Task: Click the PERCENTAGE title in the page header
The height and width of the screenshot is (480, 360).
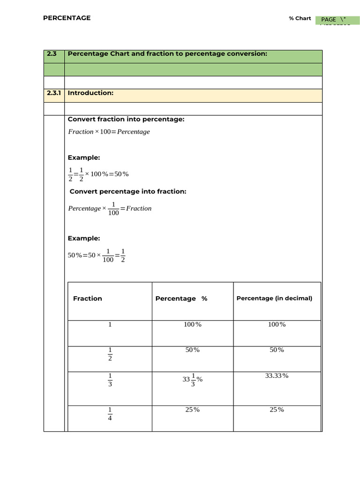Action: coord(67,18)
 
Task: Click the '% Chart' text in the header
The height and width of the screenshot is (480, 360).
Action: coord(300,19)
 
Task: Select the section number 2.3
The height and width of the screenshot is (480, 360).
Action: coord(52,54)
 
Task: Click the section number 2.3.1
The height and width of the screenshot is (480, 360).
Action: coord(54,93)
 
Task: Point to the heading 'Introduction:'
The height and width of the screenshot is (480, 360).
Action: coord(90,93)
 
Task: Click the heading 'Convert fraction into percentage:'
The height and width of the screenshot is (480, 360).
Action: coord(126,120)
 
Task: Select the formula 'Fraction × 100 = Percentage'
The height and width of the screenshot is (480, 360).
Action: coord(109,132)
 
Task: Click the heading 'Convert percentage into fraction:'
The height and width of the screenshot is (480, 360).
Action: coord(127,192)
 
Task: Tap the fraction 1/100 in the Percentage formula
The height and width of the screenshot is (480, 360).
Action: coord(113,209)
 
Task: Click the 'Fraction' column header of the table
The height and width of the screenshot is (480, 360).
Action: coord(88,299)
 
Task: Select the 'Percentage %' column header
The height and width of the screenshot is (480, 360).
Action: coord(181,299)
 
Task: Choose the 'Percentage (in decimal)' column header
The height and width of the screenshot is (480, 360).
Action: coord(274,298)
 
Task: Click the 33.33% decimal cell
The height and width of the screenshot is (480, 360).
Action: coord(277,376)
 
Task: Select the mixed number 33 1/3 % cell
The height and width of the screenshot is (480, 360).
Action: coord(193,380)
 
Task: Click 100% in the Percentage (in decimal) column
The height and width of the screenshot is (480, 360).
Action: coord(277,324)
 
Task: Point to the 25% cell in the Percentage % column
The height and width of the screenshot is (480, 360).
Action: coord(192,410)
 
